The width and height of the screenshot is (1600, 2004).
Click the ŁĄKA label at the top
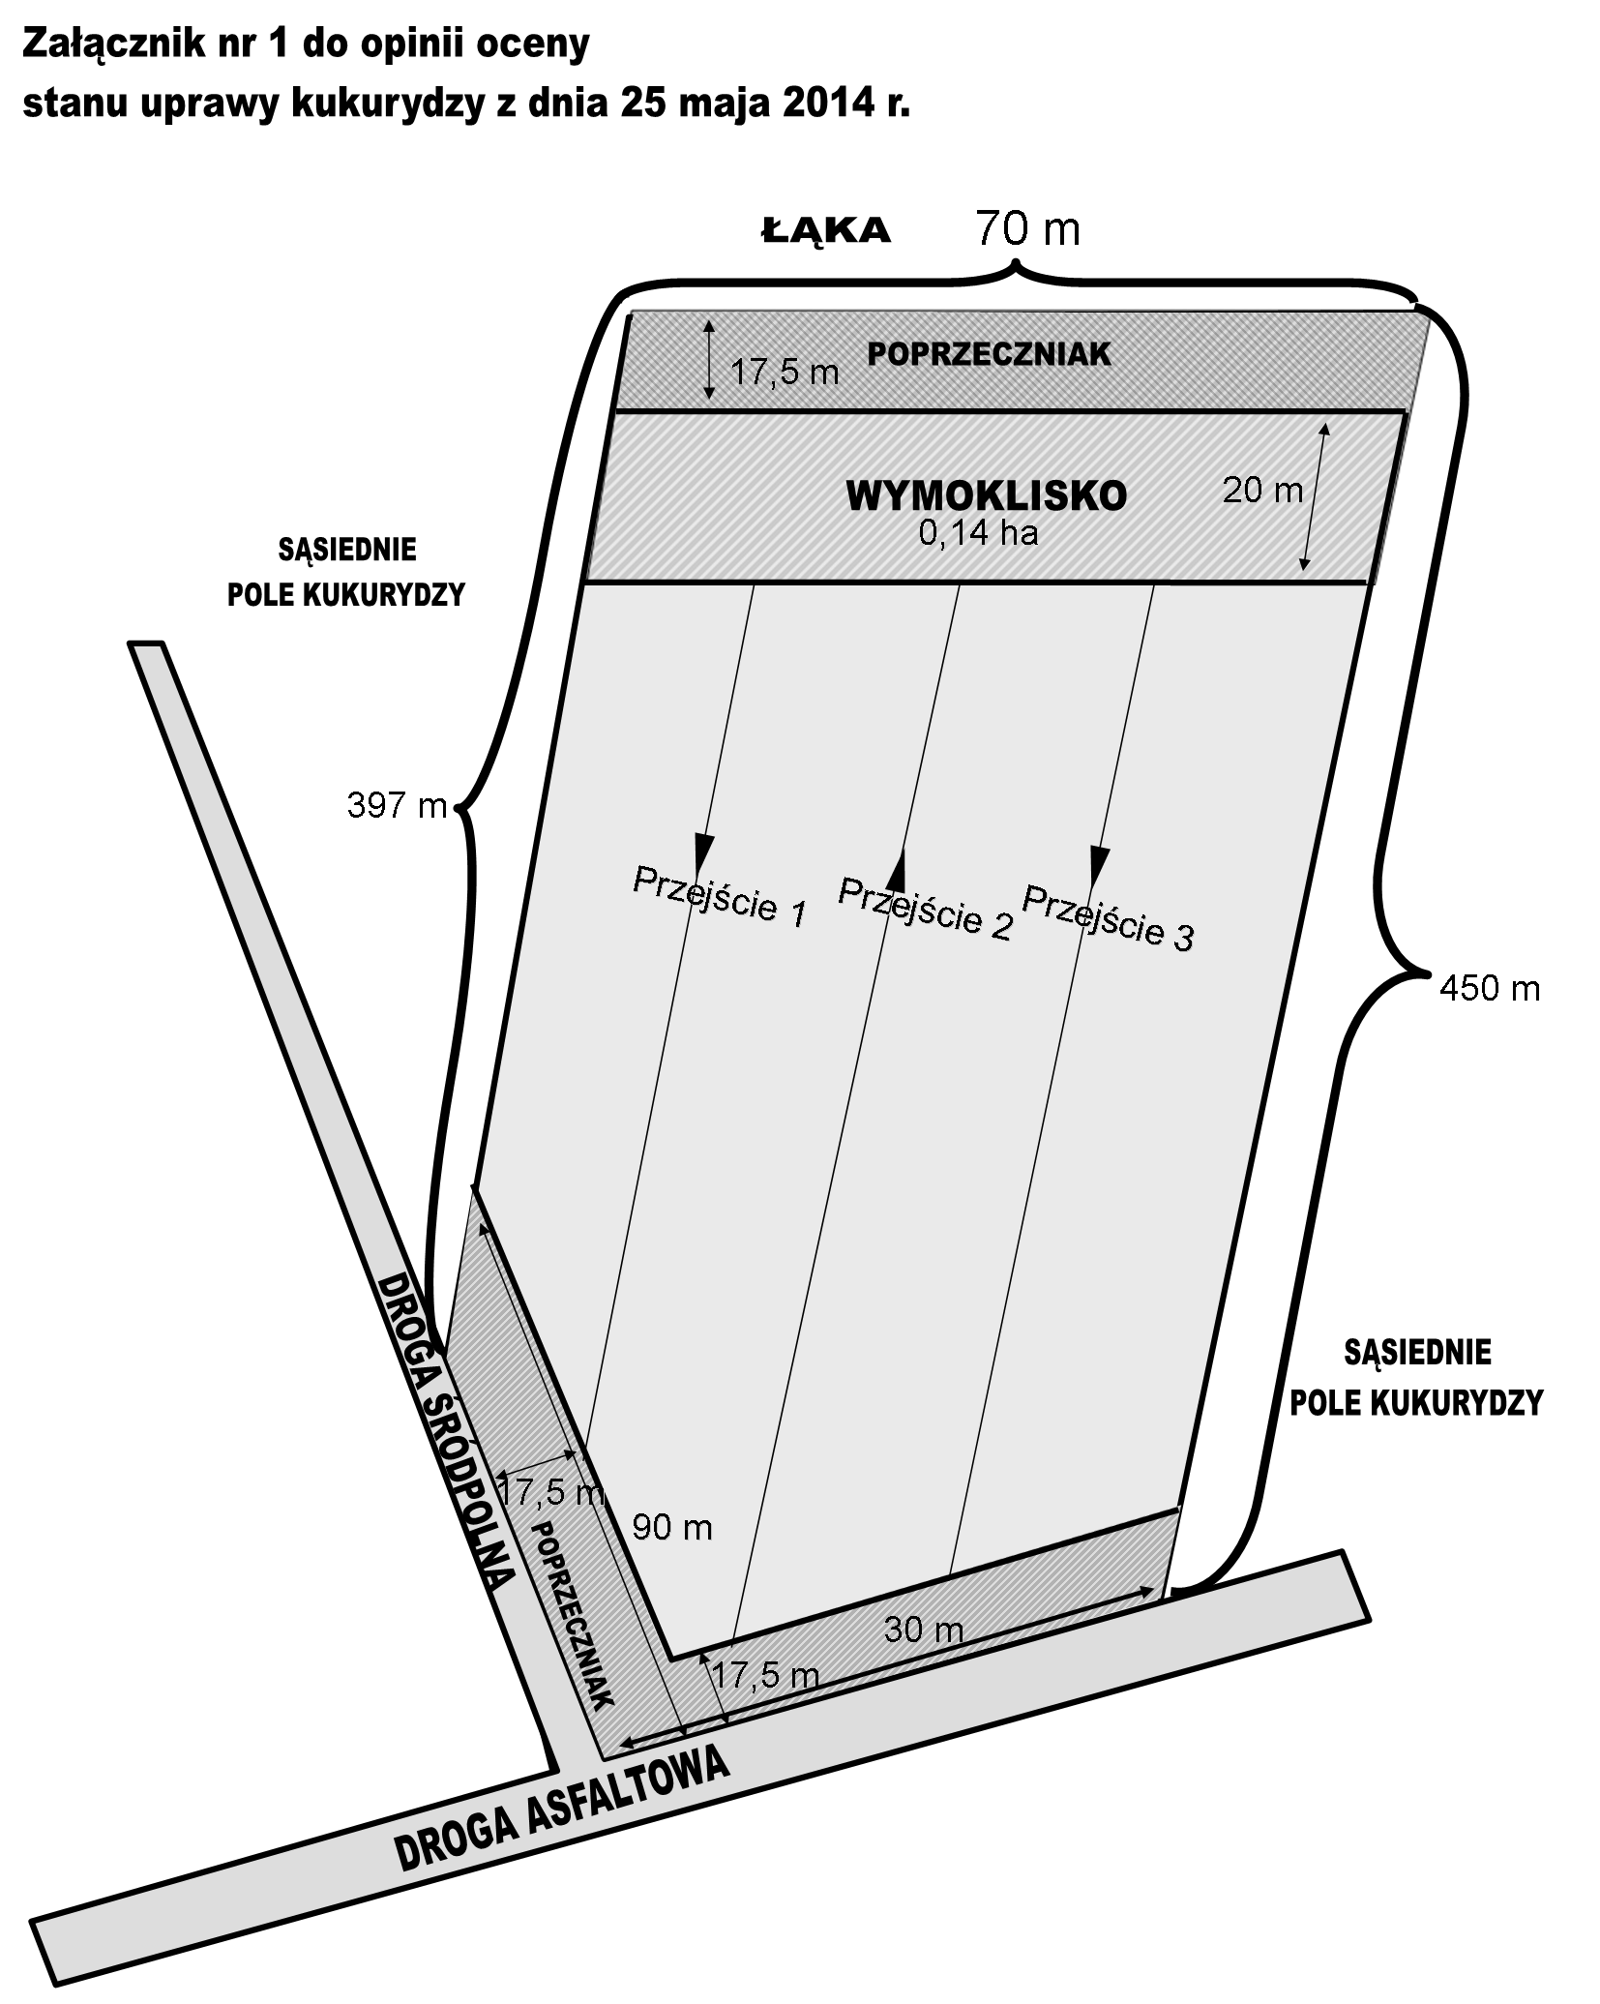click(x=825, y=230)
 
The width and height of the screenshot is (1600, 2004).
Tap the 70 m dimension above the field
click(x=1026, y=228)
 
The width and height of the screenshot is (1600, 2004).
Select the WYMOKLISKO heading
click(x=986, y=495)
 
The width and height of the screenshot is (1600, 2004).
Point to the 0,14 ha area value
click(x=978, y=533)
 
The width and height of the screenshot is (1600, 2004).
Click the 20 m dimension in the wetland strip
click(x=1262, y=491)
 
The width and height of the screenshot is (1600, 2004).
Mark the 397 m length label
click(x=397, y=805)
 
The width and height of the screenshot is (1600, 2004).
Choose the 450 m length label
click(x=1490, y=988)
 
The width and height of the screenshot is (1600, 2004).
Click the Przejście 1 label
click(x=719, y=896)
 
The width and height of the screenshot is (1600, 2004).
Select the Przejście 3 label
click(x=1108, y=916)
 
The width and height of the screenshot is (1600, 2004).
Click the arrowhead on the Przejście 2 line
click(x=897, y=870)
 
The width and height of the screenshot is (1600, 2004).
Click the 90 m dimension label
click(x=671, y=1527)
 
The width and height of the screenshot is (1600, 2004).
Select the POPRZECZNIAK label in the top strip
click(x=989, y=354)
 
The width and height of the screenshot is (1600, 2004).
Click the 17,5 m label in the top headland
click(x=785, y=372)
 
